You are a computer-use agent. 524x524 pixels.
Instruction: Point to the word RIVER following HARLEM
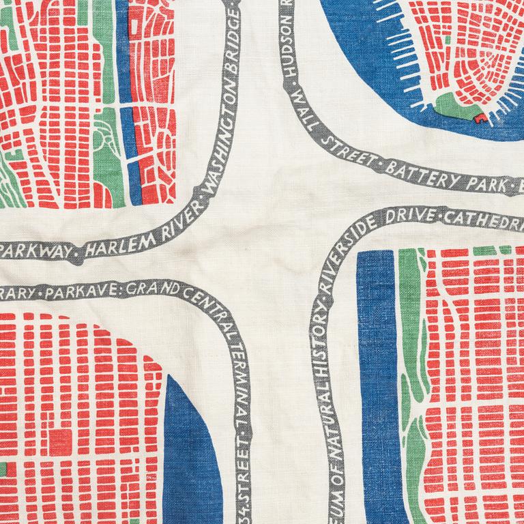point(158,224)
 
